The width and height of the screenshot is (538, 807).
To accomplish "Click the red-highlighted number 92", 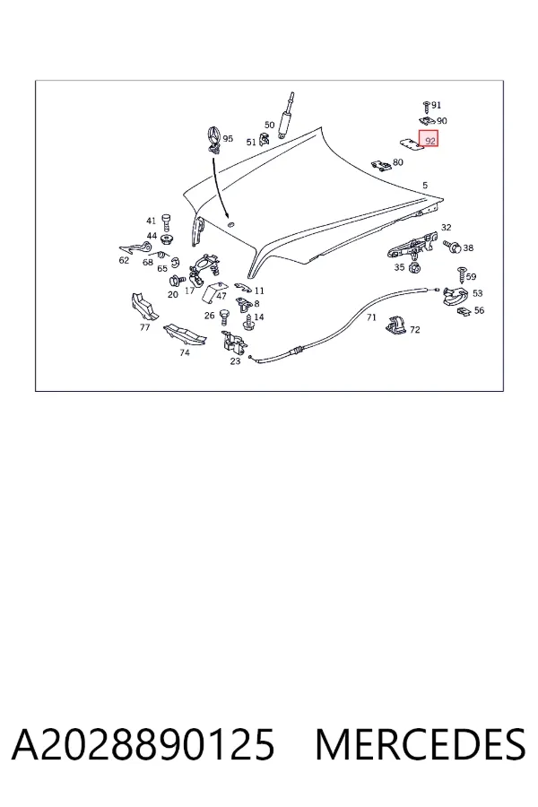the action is [430, 141].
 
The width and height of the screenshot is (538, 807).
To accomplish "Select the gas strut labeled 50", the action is [285, 116].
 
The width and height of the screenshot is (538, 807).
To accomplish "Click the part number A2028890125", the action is [143, 744].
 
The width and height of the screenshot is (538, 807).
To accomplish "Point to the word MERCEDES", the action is [421, 744].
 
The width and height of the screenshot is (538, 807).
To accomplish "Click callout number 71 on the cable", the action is [371, 317].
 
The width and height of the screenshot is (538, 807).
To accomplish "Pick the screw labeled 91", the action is [426, 107].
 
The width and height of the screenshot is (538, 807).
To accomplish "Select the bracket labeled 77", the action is [144, 307].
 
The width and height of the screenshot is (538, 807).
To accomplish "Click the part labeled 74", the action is [185, 335].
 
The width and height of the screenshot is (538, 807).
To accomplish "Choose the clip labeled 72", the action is [395, 325].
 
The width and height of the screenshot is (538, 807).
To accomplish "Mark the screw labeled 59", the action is [461, 275].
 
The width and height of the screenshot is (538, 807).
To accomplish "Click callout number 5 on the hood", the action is [425, 186].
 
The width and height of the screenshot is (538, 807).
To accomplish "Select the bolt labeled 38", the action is [452, 247].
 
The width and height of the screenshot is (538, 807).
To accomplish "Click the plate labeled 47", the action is [213, 294].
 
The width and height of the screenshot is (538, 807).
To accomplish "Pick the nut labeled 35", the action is [412, 267].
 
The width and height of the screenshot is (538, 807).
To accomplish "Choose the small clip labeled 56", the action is [464, 311].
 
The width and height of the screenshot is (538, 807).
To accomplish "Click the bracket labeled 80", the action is [381, 165].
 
